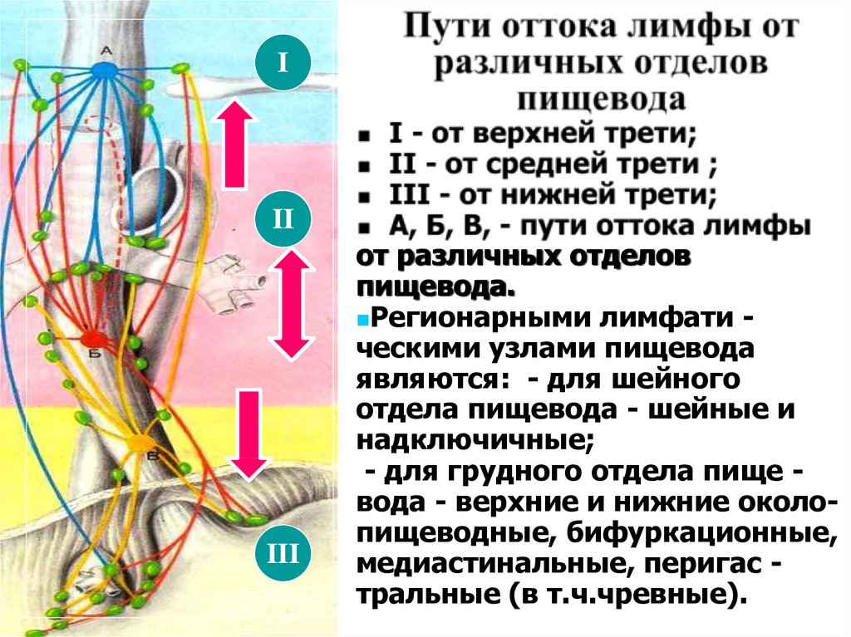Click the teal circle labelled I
[x=283, y=61]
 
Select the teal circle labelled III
[x=283, y=550]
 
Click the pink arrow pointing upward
[x=236, y=142]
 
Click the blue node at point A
[x=105, y=71]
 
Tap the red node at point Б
[x=92, y=338]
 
